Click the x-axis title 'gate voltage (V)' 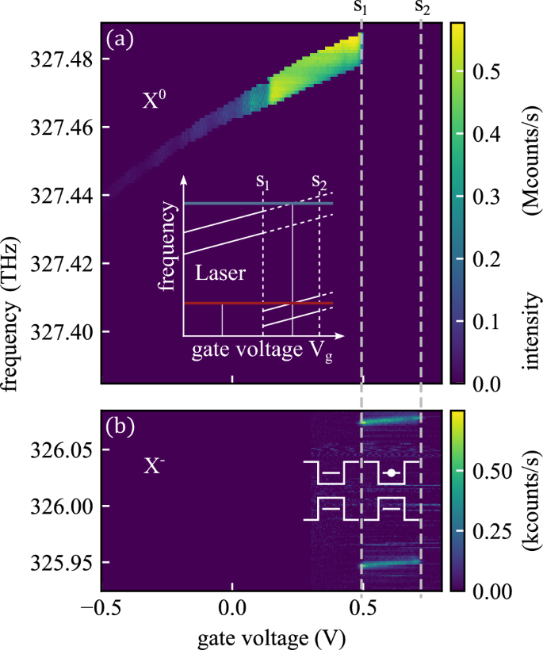click(271, 637)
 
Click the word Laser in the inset click(220, 275)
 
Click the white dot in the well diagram click(391, 473)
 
